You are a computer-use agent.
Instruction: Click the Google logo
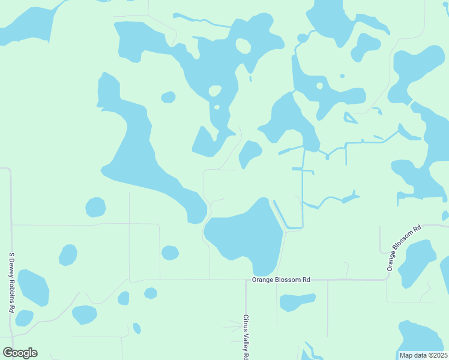(20, 353)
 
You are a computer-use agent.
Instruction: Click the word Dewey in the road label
(11, 272)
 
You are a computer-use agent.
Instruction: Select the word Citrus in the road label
(246, 323)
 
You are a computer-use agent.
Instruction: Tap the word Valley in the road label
(246, 341)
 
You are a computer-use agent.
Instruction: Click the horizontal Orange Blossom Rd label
(281, 280)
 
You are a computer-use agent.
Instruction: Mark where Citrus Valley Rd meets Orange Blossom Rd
(246, 280)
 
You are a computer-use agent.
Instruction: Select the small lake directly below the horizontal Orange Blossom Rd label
(296, 302)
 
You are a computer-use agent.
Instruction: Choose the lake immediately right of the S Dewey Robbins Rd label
(33, 287)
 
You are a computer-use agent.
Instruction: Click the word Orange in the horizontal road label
(263, 280)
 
